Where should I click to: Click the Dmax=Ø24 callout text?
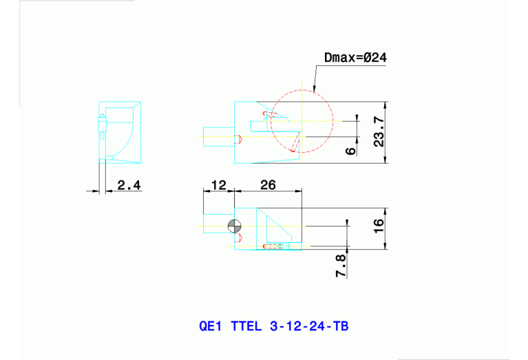[x=355, y=58]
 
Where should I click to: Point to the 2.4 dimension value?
[x=128, y=184]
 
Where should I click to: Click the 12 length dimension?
[x=218, y=184]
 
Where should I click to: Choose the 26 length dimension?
[x=268, y=184]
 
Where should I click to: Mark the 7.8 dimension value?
[x=340, y=264]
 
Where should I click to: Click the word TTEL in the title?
[x=246, y=326]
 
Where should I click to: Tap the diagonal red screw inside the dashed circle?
[x=295, y=143]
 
